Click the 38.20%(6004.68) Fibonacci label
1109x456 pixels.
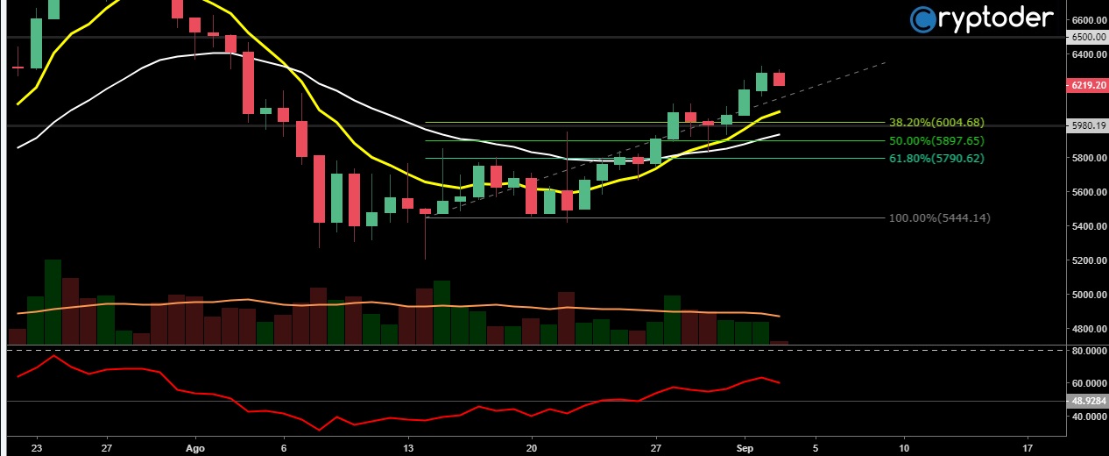tap(936, 123)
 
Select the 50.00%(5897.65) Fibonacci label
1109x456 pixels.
tap(936, 140)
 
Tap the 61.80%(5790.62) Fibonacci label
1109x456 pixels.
tap(936, 159)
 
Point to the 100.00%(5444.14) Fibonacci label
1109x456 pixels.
tap(940, 217)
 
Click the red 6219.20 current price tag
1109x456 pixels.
tap(1087, 85)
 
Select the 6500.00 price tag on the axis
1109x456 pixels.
tap(1087, 37)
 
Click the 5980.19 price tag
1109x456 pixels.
tap(1087, 125)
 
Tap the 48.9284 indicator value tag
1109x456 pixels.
tap(1087, 401)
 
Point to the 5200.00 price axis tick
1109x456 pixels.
tap(1087, 260)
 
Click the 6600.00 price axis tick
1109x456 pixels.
tap(1087, 20)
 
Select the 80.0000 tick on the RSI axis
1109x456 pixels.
tap(1087, 351)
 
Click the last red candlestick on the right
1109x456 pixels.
tap(779, 79)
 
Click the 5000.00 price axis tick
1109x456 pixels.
tap(1087, 295)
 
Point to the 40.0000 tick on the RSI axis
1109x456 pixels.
tap(1087, 417)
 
